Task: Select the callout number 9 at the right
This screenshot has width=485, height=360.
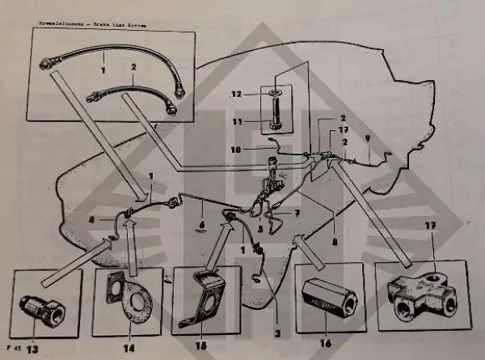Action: point(369,138)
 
